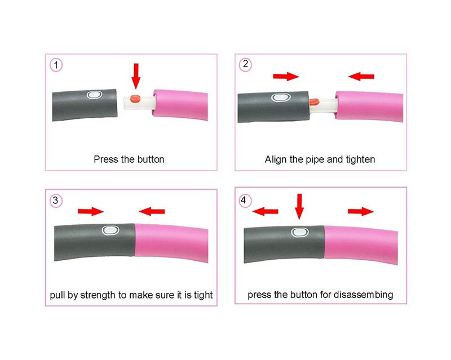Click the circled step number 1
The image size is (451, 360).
click(56, 65)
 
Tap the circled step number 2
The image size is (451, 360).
click(245, 64)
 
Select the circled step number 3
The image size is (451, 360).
click(56, 200)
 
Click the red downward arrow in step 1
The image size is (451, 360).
click(136, 76)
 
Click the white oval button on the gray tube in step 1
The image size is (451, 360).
click(95, 95)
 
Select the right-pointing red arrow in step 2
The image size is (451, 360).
click(286, 77)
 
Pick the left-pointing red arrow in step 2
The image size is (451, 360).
click(361, 77)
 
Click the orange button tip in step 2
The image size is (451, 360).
click(314, 102)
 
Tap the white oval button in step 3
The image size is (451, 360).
click(110, 230)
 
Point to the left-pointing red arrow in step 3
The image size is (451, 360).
click(152, 212)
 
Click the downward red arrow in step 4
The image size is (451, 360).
click(299, 206)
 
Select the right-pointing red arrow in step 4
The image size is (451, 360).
click(361, 212)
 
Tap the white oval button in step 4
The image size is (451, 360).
click(300, 232)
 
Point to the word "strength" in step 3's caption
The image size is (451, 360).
click(98, 295)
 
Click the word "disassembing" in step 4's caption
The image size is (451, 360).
click(364, 295)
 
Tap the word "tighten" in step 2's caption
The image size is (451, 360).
click(360, 160)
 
